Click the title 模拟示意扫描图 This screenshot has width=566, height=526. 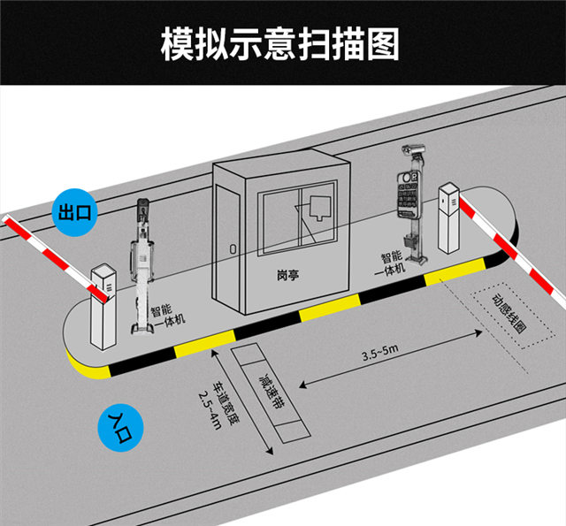281,42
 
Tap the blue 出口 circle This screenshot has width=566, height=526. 72,212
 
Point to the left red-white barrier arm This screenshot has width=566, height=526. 50,252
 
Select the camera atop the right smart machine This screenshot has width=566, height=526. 409,151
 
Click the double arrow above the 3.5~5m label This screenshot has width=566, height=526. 390,370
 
